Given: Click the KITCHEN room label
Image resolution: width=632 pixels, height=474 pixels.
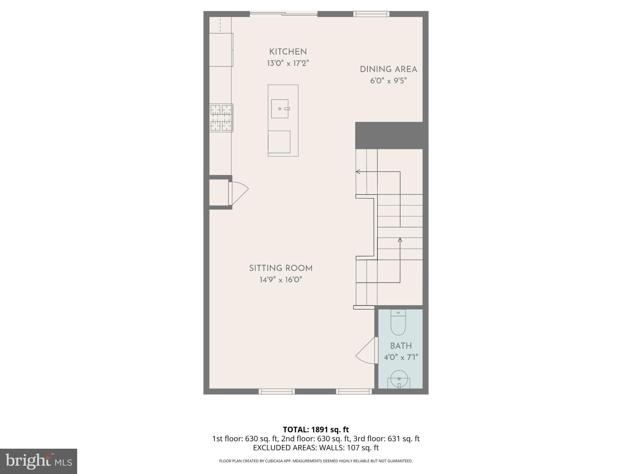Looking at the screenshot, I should (288, 52).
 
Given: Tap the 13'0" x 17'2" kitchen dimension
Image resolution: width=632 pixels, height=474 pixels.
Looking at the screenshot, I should (288, 64).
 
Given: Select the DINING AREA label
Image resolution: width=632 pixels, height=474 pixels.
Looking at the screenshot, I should (388, 69).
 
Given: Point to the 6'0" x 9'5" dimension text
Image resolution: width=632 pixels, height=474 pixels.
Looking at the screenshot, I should (388, 81).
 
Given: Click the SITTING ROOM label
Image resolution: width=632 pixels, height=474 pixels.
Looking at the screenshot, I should (281, 268).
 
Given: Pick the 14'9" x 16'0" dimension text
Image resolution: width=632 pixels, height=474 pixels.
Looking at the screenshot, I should (281, 280).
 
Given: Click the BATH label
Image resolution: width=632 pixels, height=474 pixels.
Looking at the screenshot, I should (401, 346).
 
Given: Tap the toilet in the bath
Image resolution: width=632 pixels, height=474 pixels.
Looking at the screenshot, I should (398, 322).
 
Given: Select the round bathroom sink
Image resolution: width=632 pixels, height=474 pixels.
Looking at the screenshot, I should (399, 379).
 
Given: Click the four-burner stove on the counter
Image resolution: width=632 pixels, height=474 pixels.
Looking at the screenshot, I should (221, 118).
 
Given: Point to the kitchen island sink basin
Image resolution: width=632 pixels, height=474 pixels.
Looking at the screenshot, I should (280, 109).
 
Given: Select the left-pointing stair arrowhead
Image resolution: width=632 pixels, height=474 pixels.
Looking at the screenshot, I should (358, 172).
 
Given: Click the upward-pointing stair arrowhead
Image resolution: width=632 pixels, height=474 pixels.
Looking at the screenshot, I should (400, 240).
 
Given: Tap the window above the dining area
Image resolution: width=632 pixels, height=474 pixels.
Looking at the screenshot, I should (371, 14).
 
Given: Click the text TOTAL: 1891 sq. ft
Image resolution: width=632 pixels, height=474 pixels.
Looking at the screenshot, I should (316, 430).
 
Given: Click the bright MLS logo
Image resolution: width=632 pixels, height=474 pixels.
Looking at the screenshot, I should (38, 461).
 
